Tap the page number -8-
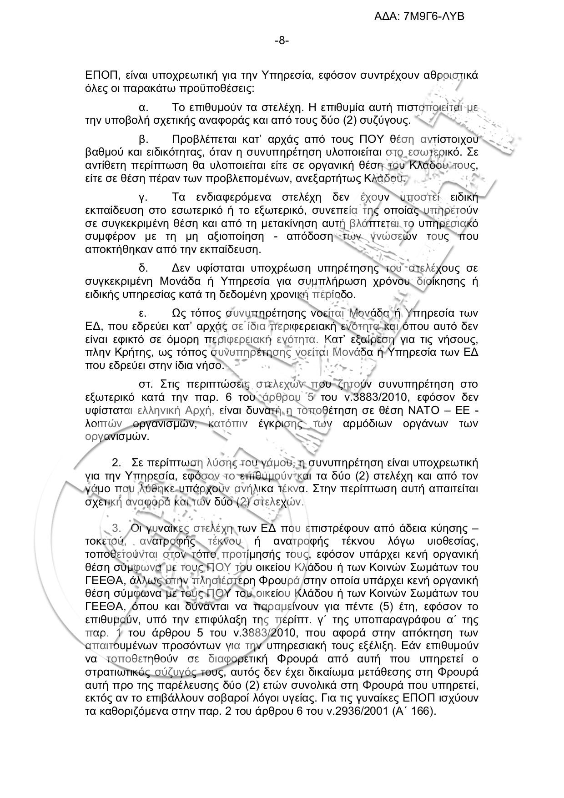coord(282,41)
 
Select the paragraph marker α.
coord(141,108)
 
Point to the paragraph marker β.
coord(141,139)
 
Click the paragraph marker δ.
coord(141,268)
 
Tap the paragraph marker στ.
coord(145,384)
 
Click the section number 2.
coord(116,463)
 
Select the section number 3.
coord(116,529)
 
